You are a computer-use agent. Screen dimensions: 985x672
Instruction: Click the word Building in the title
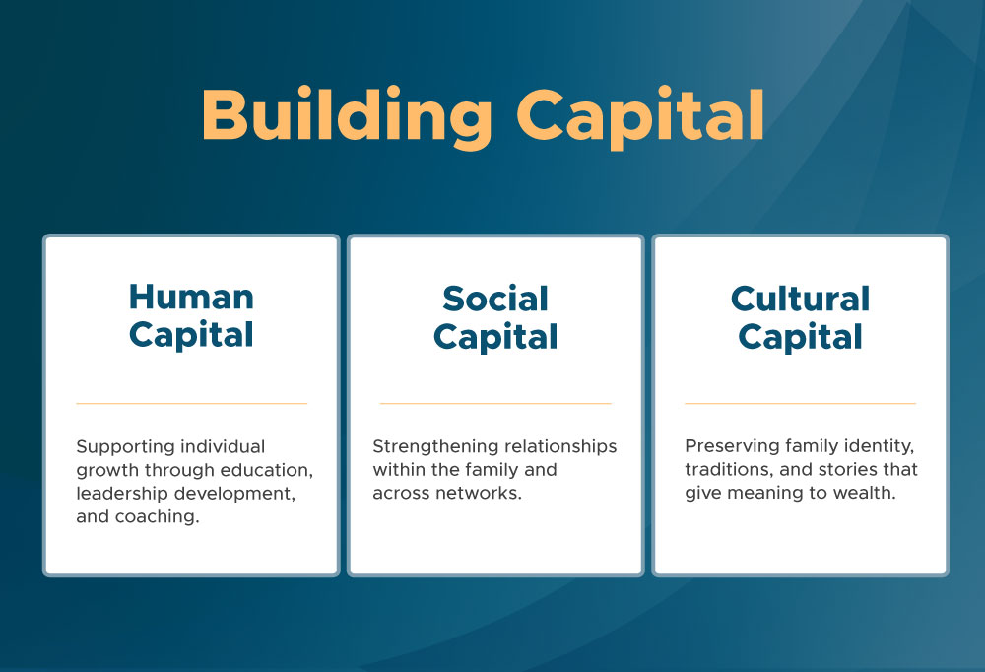pyautogui.click(x=346, y=116)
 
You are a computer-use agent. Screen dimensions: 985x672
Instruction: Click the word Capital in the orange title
pyautogui.click(x=640, y=117)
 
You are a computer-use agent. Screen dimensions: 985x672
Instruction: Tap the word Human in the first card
pyautogui.click(x=191, y=297)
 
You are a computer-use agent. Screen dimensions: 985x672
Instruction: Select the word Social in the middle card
pyautogui.click(x=495, y=299)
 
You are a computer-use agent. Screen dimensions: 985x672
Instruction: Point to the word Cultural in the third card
pyautogui.click(x=800, y=299)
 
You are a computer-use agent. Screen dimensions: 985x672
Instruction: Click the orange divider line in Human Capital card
pyautogui.click(x=192, y=403)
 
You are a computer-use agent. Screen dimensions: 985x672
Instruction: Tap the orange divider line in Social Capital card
pyautogui.click(x=495, y=403)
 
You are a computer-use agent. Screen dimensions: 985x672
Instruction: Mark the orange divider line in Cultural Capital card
pyautogui.click(x=800, y=403)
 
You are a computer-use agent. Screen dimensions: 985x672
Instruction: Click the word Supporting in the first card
pyautogui.click(x=117, y=447)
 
